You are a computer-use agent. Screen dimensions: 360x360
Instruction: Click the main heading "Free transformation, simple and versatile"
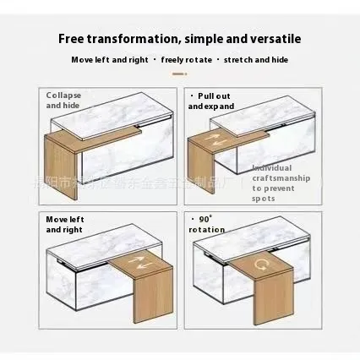tap(180, 39)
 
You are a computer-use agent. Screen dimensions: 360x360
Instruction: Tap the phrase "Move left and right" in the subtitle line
tap(109, 60)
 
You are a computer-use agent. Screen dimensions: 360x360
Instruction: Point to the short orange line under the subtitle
tap(180, 74)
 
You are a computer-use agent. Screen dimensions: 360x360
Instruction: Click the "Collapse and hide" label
tap(63, 101)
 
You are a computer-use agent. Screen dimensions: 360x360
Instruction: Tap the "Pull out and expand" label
tap(209, 101)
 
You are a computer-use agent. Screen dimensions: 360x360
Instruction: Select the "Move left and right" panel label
tap(63, 224)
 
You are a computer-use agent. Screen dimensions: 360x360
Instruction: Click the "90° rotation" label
tap(208, 224)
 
